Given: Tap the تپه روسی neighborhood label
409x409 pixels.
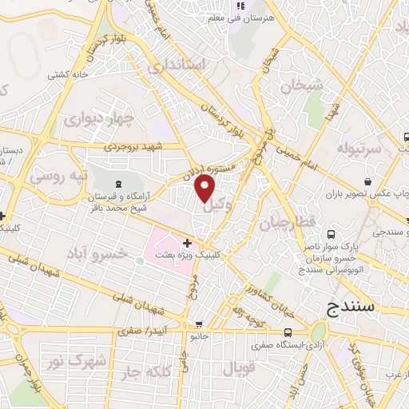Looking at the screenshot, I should click(x=55, y=174).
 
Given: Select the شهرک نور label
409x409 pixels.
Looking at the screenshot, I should click(x=86, y=362).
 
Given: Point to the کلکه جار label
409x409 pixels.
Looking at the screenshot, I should click(x=145, y=372).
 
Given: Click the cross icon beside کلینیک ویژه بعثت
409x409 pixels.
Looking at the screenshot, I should click(x=187, y=243).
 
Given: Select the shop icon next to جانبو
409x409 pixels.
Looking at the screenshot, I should click(x=198, y=324).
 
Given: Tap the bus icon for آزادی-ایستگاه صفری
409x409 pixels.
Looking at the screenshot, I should click(x=288, y=332).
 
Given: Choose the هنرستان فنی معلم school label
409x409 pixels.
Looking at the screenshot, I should click(x=245, y=17).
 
